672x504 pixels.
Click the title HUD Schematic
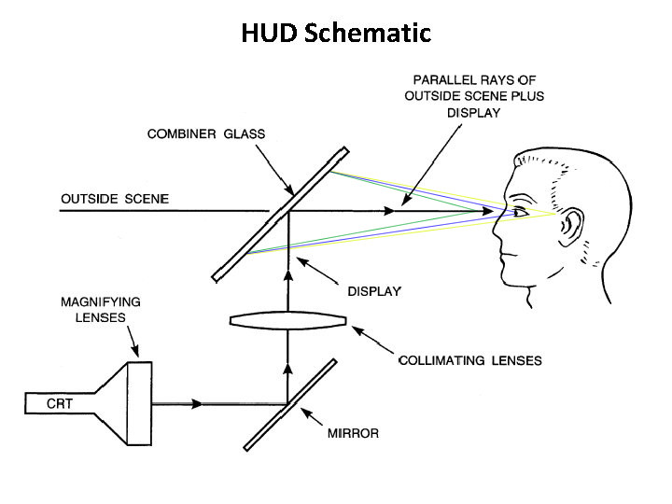coord(336,33)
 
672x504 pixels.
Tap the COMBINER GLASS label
coord(206,134)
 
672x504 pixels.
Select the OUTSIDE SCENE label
coord(115,199)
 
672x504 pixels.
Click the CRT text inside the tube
coord(60,404)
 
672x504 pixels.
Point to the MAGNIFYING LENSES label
coord(101,310)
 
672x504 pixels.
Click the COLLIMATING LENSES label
coord(470,360)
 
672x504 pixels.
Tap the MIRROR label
coord(353,433)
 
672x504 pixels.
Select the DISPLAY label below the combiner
coord(374,291)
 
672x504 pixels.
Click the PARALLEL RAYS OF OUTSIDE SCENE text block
coord(474,96)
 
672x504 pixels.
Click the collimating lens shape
coord(288,320)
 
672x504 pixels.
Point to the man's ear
coord(572,226)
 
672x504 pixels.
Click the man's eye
coord(520,212)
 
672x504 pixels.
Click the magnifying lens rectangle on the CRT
coord(140,404)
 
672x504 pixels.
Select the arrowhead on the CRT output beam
coord(197,404)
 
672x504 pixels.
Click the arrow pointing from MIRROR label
coord(312,416)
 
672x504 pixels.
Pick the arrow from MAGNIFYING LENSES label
coord(133,342)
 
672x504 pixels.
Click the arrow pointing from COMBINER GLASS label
coord(275,171)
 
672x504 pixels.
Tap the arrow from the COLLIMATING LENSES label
coord(372,340)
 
